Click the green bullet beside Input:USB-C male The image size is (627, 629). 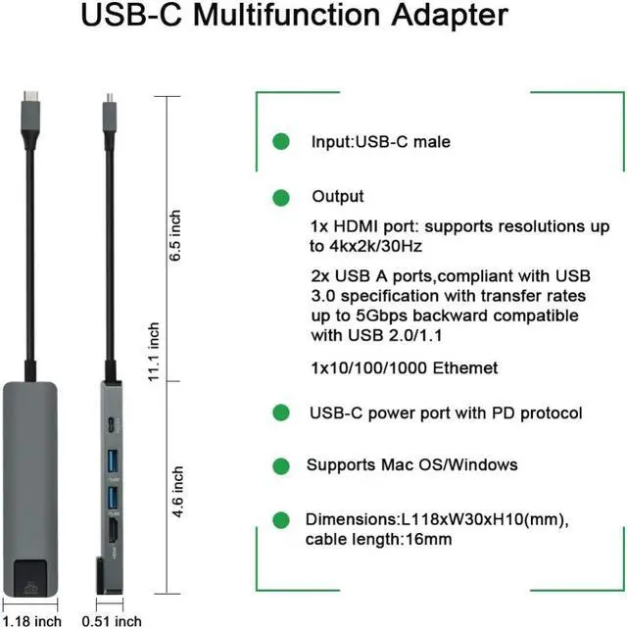click(x=281, y=141)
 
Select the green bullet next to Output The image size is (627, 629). click(x=281, y=196)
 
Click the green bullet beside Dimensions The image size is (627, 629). click(x=281, y=519)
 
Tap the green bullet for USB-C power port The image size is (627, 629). click(x=281, y=412)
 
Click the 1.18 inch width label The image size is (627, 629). click(x=32, y=620)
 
